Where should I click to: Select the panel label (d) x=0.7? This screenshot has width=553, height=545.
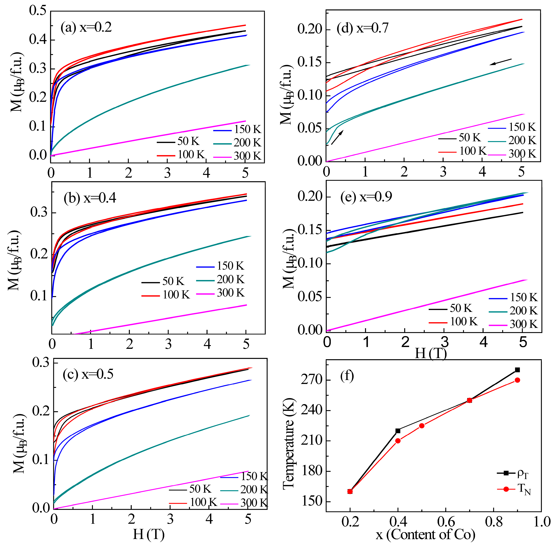pos(363,28)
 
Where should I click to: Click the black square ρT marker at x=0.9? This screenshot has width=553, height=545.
pos(517,370)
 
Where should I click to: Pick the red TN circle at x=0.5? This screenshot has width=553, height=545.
pos(422,426)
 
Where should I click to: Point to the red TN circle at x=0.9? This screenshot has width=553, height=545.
pos(517,380)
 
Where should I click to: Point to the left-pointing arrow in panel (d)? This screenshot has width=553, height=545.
pos(501,62)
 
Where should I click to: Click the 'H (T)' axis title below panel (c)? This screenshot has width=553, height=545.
pos(149,534)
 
